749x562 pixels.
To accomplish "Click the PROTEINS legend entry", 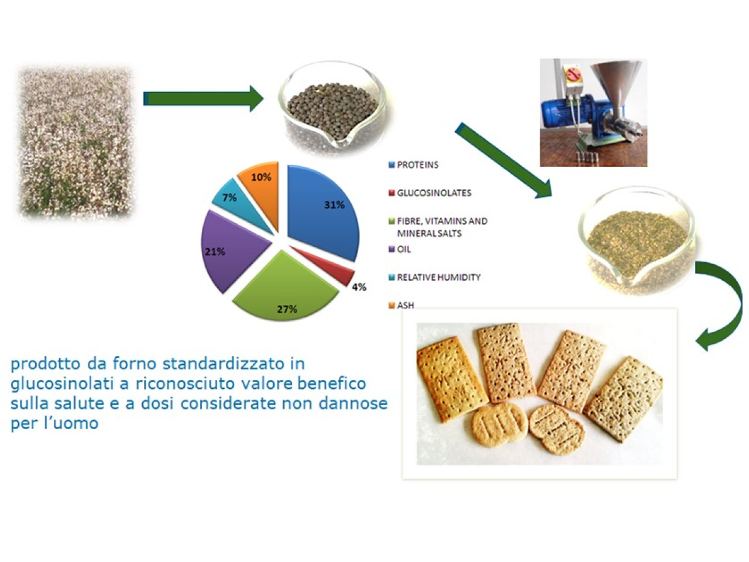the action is point(414,165).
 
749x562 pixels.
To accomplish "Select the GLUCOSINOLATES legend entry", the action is point(430,193).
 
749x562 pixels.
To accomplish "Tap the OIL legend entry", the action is point(400,249).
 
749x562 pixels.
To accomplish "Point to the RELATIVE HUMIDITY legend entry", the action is point(435,277).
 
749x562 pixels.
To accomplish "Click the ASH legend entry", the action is point(401,305).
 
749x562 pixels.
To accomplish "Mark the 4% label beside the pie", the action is point(359,287).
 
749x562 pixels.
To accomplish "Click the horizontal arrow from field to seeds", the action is point(204,98).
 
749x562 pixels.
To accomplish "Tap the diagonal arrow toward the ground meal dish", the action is point(504,160).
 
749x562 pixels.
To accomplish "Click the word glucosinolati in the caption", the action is point(62,384).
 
